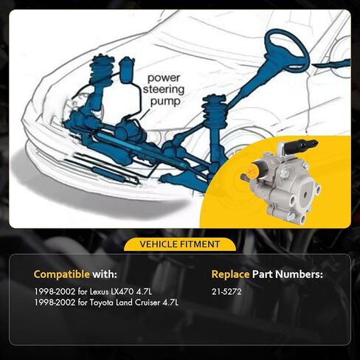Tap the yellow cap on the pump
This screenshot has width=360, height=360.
(x=251, y=170)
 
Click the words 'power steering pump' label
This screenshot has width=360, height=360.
(x=164, y=89)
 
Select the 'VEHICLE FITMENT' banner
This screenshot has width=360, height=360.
(x=180, y=244)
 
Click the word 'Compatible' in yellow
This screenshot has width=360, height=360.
(x=62, y=274)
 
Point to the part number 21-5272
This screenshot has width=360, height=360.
(x=226, y=291)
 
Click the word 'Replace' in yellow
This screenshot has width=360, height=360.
(x=230, y=274)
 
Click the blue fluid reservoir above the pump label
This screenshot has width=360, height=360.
(x=126, y=69)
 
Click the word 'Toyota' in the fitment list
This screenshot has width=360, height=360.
(x=101, y=302)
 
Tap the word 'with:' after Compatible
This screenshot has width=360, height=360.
(x=105, y=274)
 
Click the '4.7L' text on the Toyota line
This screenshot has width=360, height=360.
(x=170, y=302)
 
